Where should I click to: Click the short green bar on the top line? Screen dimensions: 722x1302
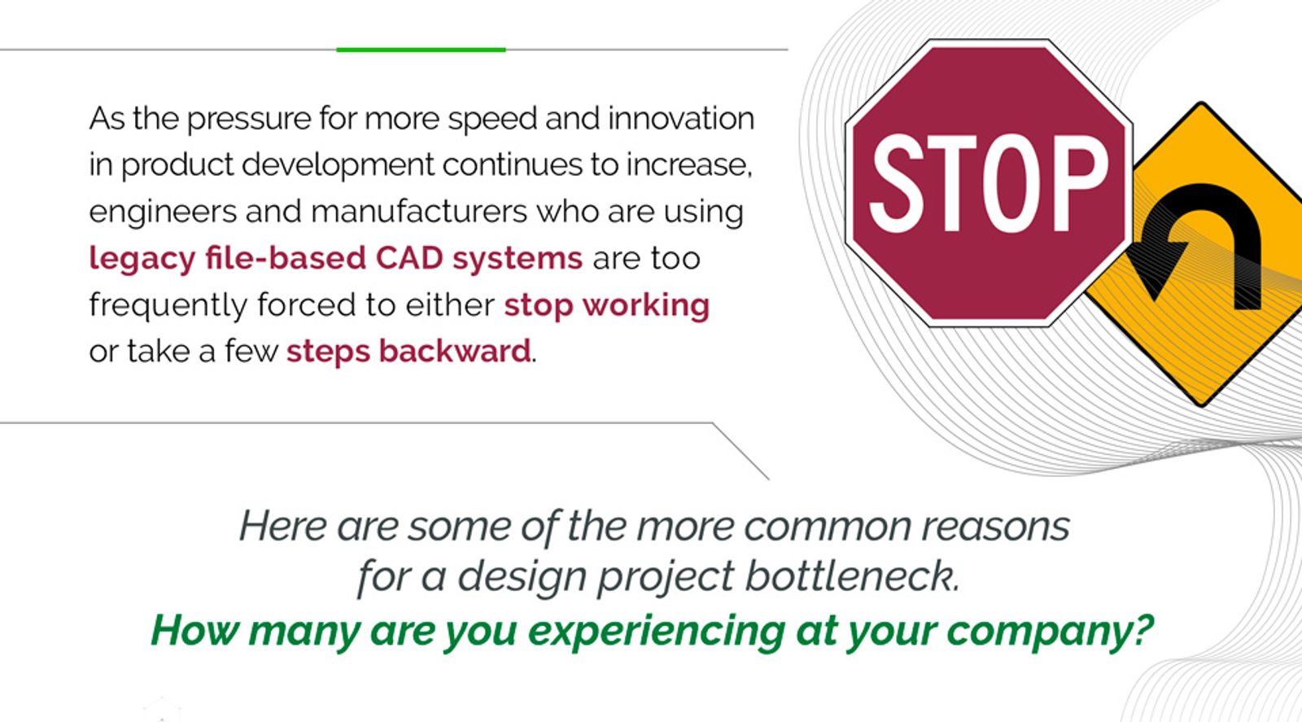[x=421, y=50]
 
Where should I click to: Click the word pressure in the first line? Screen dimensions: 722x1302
[x=248, y=120]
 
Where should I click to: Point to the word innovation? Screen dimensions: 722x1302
[x=680, y=119]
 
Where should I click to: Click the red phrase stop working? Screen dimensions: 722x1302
[x=606, y=305]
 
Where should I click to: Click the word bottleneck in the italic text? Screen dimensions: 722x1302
[x=852, y=576]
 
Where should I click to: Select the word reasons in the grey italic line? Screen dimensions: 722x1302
[x=994, y=526]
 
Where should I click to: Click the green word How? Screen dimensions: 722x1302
[x=193, y=631]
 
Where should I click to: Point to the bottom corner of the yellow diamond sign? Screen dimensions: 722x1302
[x=1201, y=402]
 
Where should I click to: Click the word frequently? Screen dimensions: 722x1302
[x=168, y=306]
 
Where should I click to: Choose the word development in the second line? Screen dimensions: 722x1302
[x=338, y=165]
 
